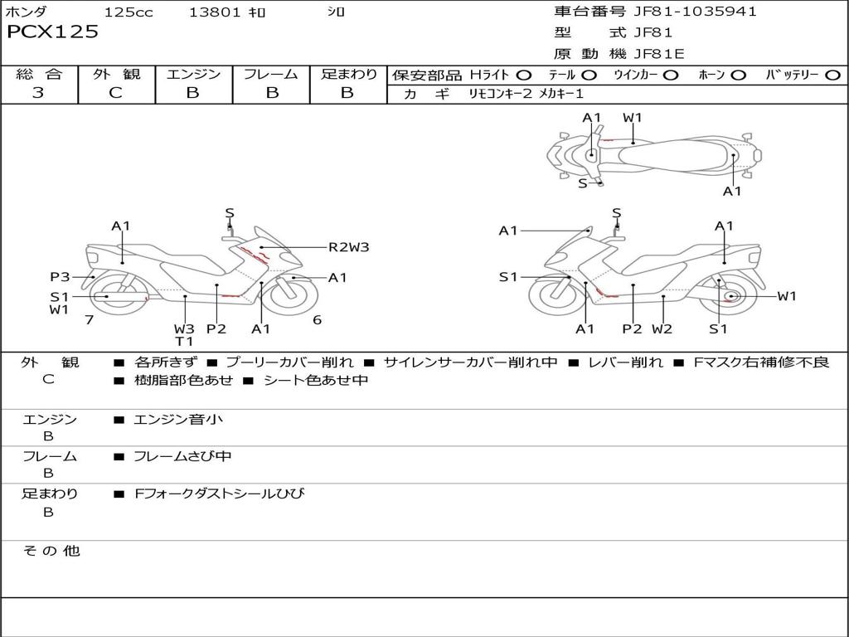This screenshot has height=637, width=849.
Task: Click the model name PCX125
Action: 52,32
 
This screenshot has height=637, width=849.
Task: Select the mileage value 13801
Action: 215,12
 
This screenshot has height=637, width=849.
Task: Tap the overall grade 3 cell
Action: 38,93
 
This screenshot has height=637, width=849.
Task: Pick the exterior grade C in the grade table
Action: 115,93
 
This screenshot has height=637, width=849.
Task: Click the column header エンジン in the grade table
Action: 194,75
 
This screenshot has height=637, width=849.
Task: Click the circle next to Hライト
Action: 523,75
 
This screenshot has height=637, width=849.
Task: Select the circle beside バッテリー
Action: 832,75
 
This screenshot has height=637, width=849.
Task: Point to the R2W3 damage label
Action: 348,246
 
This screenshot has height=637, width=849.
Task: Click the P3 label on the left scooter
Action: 60,277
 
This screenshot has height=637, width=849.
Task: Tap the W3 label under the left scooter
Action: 184,328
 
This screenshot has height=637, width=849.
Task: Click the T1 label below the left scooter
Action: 184,341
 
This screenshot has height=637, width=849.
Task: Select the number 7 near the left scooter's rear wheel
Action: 89,319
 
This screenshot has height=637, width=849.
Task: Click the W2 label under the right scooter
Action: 662,328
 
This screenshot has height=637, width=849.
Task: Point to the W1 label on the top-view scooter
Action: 633,118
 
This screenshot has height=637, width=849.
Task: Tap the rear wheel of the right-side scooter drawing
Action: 730,297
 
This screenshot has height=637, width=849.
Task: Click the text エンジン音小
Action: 178,420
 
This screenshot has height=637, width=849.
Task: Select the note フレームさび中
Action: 182,456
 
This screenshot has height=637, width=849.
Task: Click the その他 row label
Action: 51,551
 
